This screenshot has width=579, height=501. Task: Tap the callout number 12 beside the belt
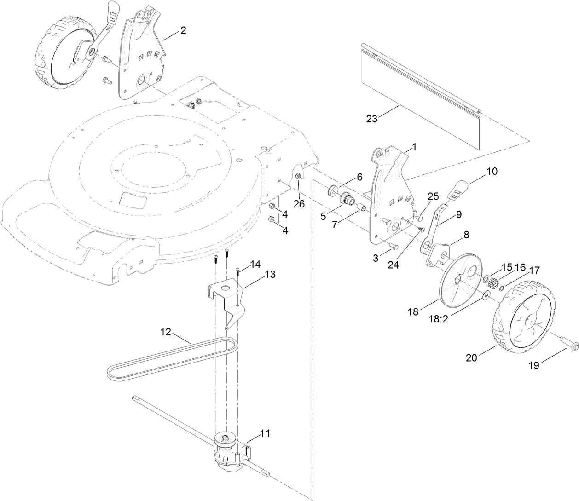pyautogui.click(x=166, y=331)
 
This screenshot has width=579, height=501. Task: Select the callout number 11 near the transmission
pyautogui.click(x=265, y=433)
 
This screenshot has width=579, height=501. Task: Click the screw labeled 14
pyautogui.click(x=238, y=271)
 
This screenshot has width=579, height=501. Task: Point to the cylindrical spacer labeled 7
pyautogui.click(x=362, y=209)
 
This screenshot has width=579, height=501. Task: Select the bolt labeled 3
pyautogui.click(x=392, y=246)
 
